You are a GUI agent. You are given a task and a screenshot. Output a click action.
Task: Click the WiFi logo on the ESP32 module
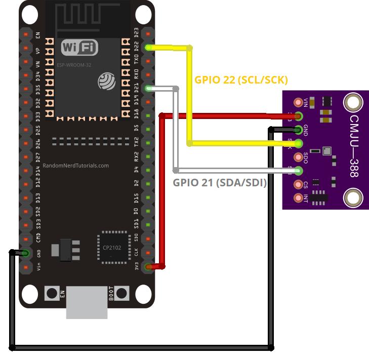click(x=79, y=48)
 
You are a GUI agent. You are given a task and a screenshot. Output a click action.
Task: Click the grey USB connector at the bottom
click(x=87, y=302)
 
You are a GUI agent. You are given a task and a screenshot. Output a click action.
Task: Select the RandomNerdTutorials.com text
click(x=76, y=166)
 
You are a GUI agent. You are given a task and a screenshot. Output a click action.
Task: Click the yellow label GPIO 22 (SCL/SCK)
click(x=241, y=79)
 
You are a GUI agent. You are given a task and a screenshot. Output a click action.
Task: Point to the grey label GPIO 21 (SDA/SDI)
click(x=220, y=183)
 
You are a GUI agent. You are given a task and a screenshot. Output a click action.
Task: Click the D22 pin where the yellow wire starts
click(x=148, y=48)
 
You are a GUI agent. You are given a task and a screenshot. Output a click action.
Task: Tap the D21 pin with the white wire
click(x=148, y=89)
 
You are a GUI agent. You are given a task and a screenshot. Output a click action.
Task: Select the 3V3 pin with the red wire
click(x=148, y=266)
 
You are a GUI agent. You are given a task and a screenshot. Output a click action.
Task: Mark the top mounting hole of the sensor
click(x=353, y=103)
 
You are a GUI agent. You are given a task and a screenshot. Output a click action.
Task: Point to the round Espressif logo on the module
click(x=107, y=80)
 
